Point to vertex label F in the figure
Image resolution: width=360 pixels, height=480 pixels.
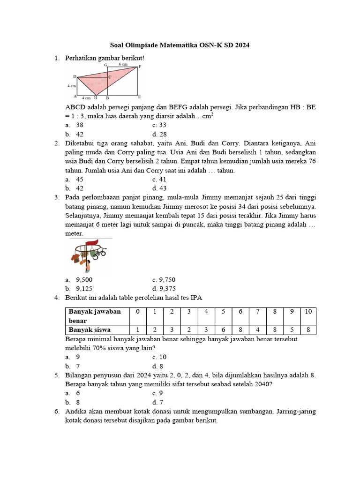pyautogui.click(x=140, y=67)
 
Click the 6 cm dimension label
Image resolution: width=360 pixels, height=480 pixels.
pyautogui.click(x=123, y=64)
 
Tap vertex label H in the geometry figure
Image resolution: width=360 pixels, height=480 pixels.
pyautogui.click(x=95, y=98)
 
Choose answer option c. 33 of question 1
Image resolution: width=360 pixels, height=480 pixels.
pyautogui.click(x=159, y=125)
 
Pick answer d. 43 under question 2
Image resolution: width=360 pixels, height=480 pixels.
pyautogui.click(x=159, y=188)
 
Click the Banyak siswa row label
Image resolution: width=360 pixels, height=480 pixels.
pyautogui.click(x=90, y=330)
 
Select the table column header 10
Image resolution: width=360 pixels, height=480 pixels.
pyautogui.click(x=308, y=312)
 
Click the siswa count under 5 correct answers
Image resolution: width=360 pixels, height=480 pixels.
pyautogui.click(x=223, y=330)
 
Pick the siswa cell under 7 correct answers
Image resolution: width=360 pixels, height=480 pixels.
pyautogui.click(x=257, y=330)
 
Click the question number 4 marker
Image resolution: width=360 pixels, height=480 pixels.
pyautogui.click(x=56, y=298)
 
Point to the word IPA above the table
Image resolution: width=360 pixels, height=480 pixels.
pyautogui.click(x=196, y=298)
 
